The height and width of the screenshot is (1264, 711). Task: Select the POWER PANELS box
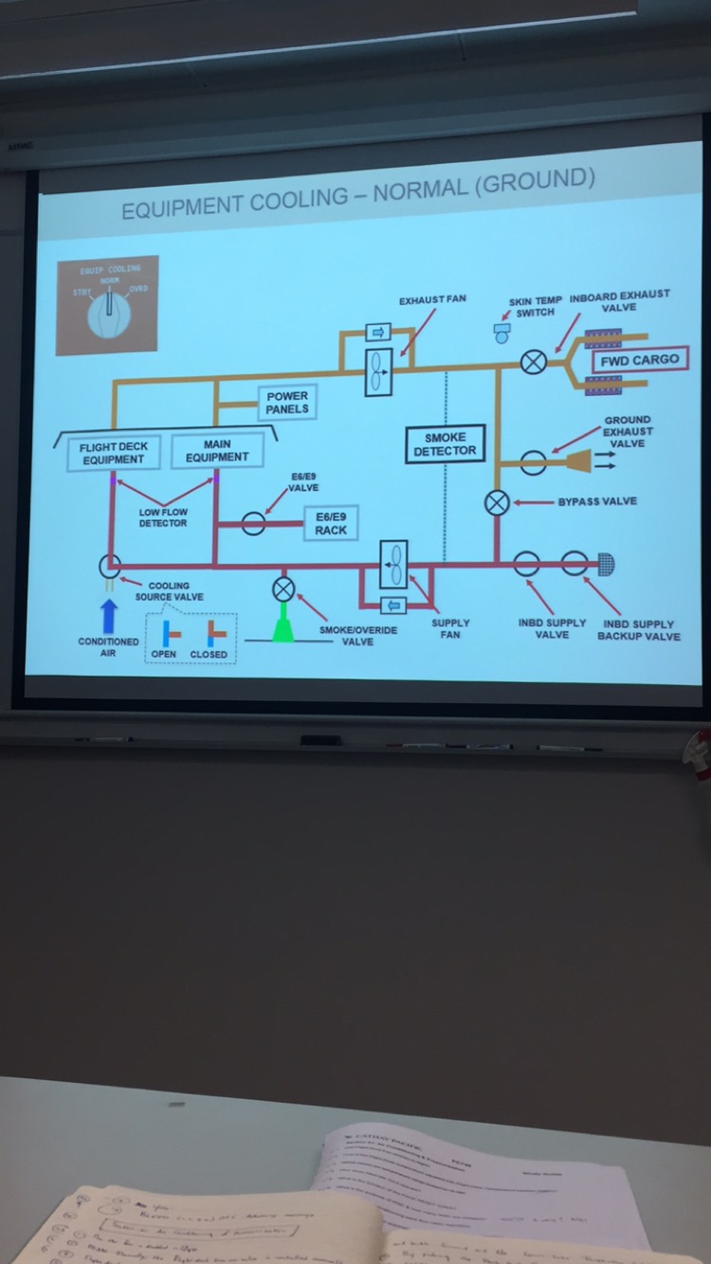pyautogui.click(x=286, y=403)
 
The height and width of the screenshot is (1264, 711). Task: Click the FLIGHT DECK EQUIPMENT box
pyautogui.click(x=113, y=453)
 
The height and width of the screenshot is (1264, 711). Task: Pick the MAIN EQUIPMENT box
pyautogui.click(x=217, y=451)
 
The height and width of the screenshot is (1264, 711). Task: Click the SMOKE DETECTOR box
pyautogui.click(x=445, y=444)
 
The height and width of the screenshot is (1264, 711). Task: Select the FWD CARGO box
pyautogui.click(x=639, y=361)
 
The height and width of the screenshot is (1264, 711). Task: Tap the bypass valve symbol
pyautogui.click(x=497, y=503)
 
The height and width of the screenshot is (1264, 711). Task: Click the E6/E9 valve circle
pyautogui.click(x=253, y=523)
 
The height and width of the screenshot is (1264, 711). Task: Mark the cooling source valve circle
pyautogui.click(x=110, y=567)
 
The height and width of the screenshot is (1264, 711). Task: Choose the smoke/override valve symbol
pyautogui.click(x=283, y=589)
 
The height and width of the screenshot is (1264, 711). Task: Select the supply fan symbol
pyautogui.click(x=393, y=566)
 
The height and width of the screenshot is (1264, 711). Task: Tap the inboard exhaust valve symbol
pyautogui.click(x=534, y=362)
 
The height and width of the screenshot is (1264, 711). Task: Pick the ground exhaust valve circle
pyautogui.click(x=533, y=462)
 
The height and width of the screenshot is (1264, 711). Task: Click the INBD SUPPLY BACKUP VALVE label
pyautogui.click(x=638, y=630)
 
